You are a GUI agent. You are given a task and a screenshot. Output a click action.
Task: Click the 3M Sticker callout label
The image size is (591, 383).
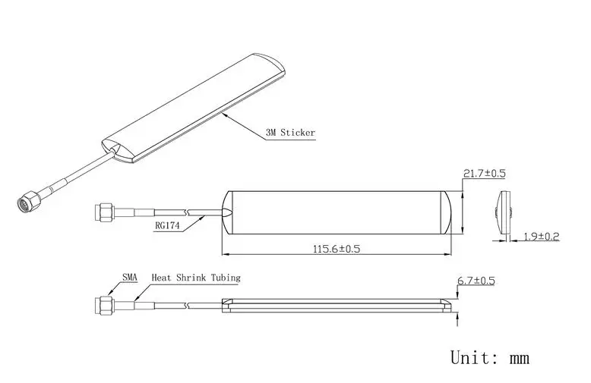pyautogui.click(x=290, y=133)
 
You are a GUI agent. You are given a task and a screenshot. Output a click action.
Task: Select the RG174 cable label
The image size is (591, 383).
pyautogui.click(x=167, y=226)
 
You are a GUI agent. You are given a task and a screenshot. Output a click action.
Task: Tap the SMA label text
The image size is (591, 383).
pyautogui.click(x=130, y=278)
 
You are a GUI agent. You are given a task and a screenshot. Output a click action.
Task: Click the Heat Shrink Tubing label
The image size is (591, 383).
pyautogui.click(x=196, y=278)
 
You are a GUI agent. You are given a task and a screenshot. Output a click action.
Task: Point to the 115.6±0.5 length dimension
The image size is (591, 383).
pyautogui.click(x=337, y=249)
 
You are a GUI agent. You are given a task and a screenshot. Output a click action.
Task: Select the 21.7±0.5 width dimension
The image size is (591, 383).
pyautogui.click(x=484, y=174)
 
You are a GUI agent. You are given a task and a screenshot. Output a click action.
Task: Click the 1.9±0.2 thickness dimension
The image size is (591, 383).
pyautogui.click(x=542, y=237)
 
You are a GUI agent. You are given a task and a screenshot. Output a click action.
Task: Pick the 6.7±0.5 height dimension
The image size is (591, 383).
pyautogui.click(x=476, y=281)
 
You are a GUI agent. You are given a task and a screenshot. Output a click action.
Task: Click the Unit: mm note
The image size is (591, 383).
pyautogui.click(x=490, y=357)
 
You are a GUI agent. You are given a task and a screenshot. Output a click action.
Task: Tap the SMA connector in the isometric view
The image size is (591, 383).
pyautogui.click(x=29, y=200)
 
